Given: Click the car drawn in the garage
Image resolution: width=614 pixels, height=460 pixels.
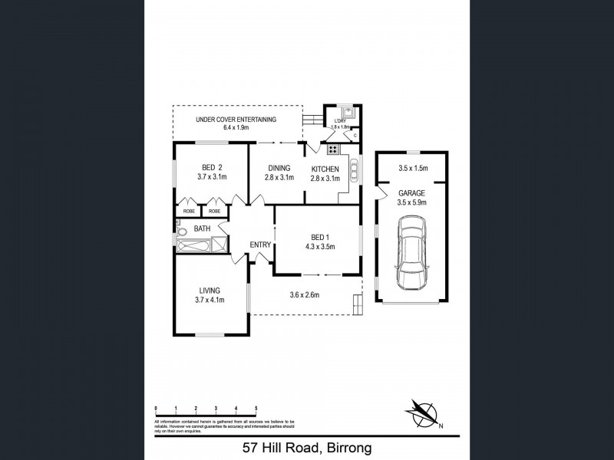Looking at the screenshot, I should [411, 253].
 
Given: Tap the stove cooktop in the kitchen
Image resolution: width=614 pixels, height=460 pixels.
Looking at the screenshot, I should [334, 149].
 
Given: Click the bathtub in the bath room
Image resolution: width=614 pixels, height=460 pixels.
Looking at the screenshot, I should [193, 245].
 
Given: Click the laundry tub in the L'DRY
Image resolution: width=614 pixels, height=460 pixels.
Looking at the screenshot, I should [347, 113].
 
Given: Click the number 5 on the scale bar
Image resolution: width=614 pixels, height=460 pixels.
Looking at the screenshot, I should [256, 408].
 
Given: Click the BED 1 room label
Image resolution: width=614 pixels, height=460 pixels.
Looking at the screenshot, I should [316, 237].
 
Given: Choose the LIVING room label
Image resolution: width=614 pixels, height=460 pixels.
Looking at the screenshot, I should [210, 291].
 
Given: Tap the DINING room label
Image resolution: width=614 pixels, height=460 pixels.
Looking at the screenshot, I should [279, 168].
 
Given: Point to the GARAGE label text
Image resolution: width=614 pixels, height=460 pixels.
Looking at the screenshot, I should [411, 193].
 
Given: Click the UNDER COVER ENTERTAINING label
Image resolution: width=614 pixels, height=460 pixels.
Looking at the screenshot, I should [236, 119].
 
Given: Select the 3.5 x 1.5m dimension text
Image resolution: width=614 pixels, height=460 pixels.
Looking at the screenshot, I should [412, 169].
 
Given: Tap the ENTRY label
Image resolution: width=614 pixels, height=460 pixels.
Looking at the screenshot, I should [261, 245].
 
